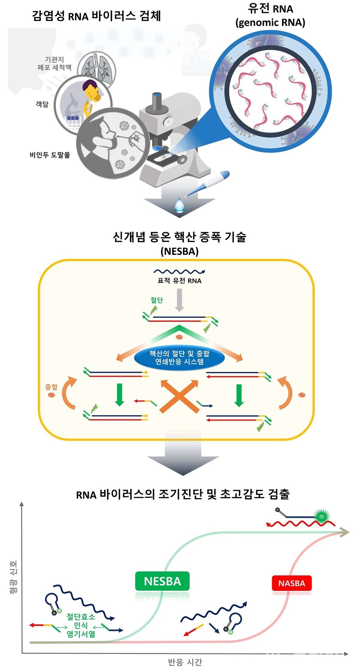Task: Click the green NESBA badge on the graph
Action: coord(162,581)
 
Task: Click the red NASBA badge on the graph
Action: coord(291,583)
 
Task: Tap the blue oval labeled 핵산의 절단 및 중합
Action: coord(179,358)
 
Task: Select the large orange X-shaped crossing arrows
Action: coord(180,396)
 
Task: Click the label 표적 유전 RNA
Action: coord(179,281)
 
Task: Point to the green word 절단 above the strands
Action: coord(157,300)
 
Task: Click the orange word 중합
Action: coord(51,387)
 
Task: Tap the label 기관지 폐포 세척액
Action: coord(54,63)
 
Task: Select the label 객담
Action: coord(42,104)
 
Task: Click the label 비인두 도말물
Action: coord(50,155)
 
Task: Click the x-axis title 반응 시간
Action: coord(185,662)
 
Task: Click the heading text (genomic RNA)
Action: coord(270,23)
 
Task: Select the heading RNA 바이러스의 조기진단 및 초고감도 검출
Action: coord(183,494)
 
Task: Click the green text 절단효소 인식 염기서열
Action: coord(81,625)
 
